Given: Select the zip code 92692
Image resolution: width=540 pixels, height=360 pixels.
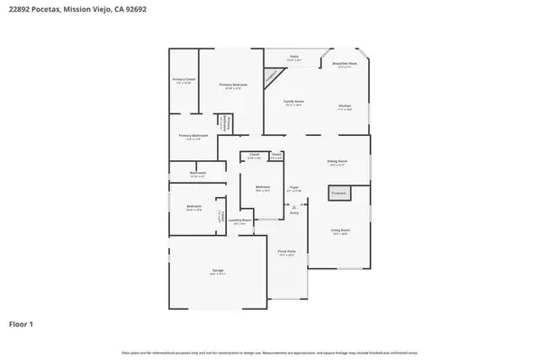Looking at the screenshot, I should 137,10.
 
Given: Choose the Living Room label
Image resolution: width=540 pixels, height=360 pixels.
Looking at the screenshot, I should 340,230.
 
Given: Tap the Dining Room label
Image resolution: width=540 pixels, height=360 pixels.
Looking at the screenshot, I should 337,162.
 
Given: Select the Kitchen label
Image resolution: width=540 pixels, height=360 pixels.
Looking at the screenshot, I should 345,106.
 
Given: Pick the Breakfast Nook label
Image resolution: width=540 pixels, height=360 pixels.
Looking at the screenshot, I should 345,63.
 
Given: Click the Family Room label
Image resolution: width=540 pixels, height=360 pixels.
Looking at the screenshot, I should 294,101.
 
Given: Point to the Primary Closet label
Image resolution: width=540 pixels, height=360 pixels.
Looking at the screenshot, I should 184,80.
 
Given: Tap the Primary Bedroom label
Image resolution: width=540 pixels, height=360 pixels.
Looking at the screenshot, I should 233,85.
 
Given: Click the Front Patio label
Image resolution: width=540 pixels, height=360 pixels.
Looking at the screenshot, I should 287,253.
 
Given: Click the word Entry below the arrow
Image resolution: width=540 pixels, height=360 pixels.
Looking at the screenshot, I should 293,213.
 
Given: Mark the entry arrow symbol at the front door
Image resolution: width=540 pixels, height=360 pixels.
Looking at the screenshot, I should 293,206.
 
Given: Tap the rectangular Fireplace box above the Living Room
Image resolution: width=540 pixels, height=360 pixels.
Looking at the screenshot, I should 339,192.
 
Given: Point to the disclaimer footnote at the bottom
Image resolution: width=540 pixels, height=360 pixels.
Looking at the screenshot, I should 270,351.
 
